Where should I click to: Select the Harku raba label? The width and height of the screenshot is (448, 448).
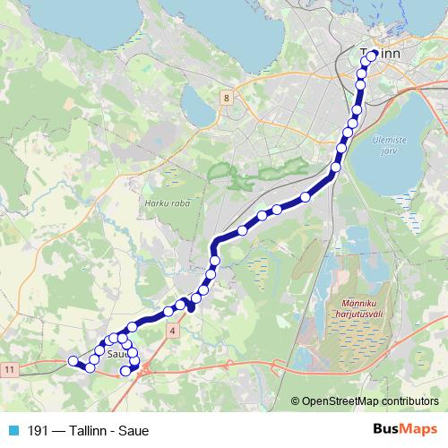coord(163,202)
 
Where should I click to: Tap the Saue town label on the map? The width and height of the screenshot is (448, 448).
coord(117,354)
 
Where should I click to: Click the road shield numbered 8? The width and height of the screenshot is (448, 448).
coord(228,98)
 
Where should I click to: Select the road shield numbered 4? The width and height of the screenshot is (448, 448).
coord(171,331)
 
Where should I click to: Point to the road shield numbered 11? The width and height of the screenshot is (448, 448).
coord(10,369)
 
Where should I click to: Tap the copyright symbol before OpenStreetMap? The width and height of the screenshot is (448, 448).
coord(296,401)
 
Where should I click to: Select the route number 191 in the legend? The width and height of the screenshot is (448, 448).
coord(38,430)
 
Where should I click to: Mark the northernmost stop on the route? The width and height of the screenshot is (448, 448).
coord(373,56)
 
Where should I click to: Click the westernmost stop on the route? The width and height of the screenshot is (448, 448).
coord(73,361)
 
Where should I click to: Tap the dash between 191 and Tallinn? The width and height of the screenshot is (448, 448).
coord(57,430)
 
